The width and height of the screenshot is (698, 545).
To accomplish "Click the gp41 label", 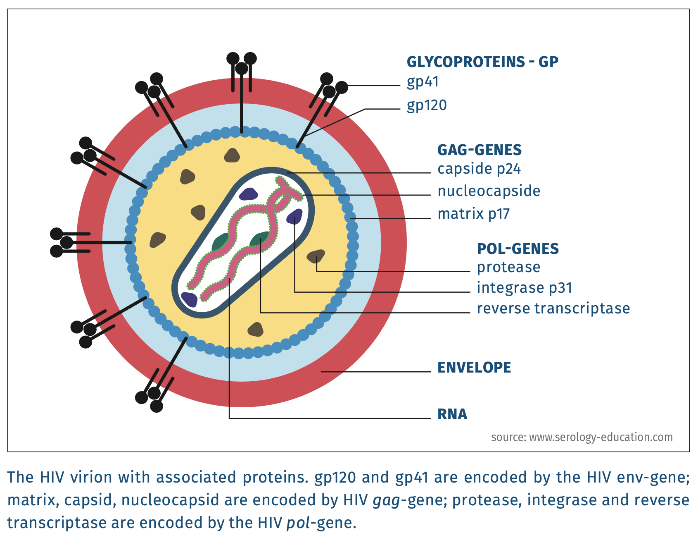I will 423,82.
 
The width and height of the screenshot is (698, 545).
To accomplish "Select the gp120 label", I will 427,105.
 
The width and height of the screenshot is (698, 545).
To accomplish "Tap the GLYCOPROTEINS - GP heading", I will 482,62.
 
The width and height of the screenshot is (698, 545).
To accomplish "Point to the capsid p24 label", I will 479,169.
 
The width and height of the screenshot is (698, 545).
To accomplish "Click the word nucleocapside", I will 489,191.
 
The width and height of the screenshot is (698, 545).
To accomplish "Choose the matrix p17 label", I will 474,214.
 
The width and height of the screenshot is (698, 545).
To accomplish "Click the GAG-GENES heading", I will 480,150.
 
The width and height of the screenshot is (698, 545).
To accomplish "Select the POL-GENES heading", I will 518,249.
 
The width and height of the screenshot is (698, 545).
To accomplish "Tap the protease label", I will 508,267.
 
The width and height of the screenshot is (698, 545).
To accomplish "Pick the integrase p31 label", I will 525,288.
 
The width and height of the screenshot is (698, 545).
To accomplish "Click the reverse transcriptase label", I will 553,308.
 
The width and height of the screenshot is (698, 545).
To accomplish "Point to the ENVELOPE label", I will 474,367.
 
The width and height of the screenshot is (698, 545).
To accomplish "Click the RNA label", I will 452,414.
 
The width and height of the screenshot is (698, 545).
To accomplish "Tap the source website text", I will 582,437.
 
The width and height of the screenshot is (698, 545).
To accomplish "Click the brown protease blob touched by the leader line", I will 316,256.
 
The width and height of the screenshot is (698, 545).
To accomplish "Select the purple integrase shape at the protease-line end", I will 295,216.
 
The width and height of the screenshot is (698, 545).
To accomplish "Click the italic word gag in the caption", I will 386,500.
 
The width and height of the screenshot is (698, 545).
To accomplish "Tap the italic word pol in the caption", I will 298,523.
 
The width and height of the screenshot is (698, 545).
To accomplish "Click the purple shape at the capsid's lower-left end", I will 190,299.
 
